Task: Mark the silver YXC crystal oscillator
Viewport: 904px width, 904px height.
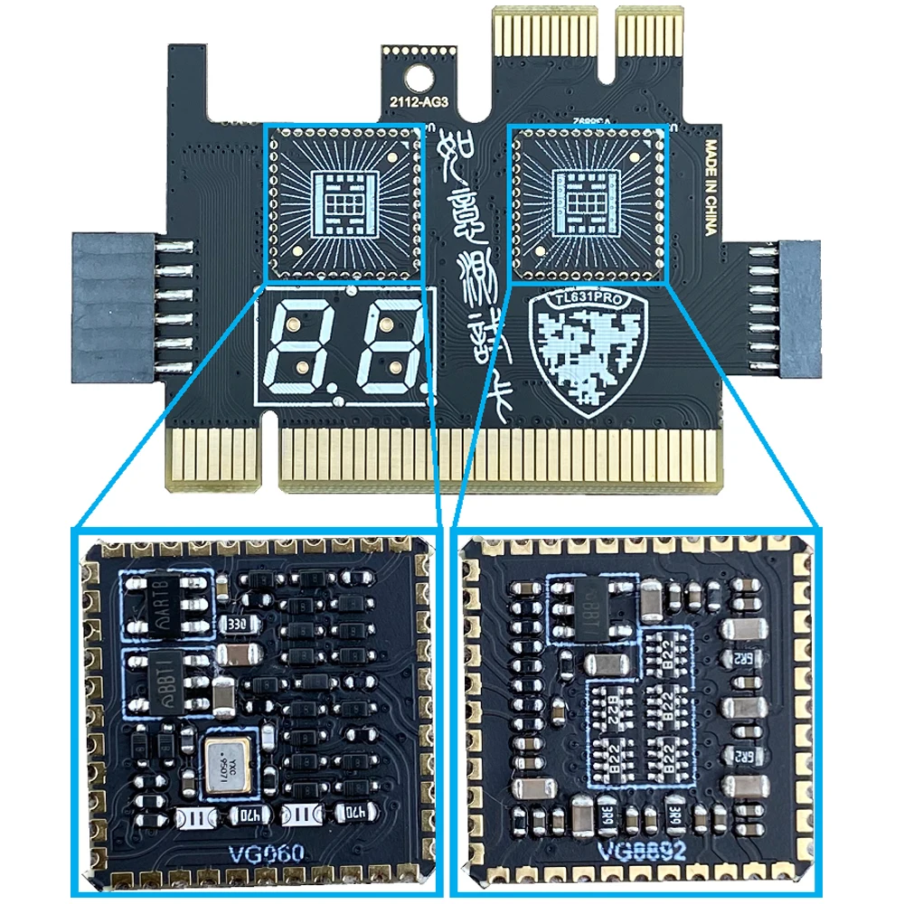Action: [227, 765]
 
